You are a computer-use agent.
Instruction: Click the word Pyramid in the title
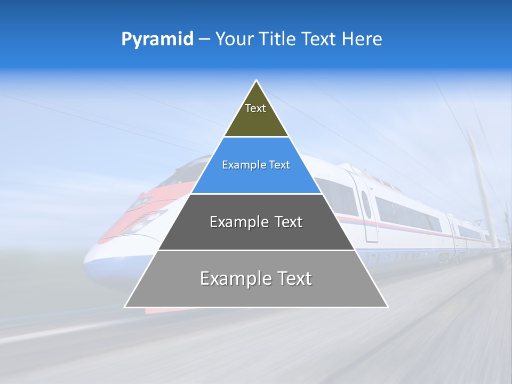click(x=157, y=39)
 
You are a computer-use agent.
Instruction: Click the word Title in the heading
click(x=277, y=39)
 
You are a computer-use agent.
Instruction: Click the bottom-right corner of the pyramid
click(x=387, y=307)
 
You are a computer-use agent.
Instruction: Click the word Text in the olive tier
click(x=255, y=108)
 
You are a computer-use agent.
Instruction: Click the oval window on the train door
click(x=366, y=204)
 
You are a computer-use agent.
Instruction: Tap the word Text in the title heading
click(x=319, y=39)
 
